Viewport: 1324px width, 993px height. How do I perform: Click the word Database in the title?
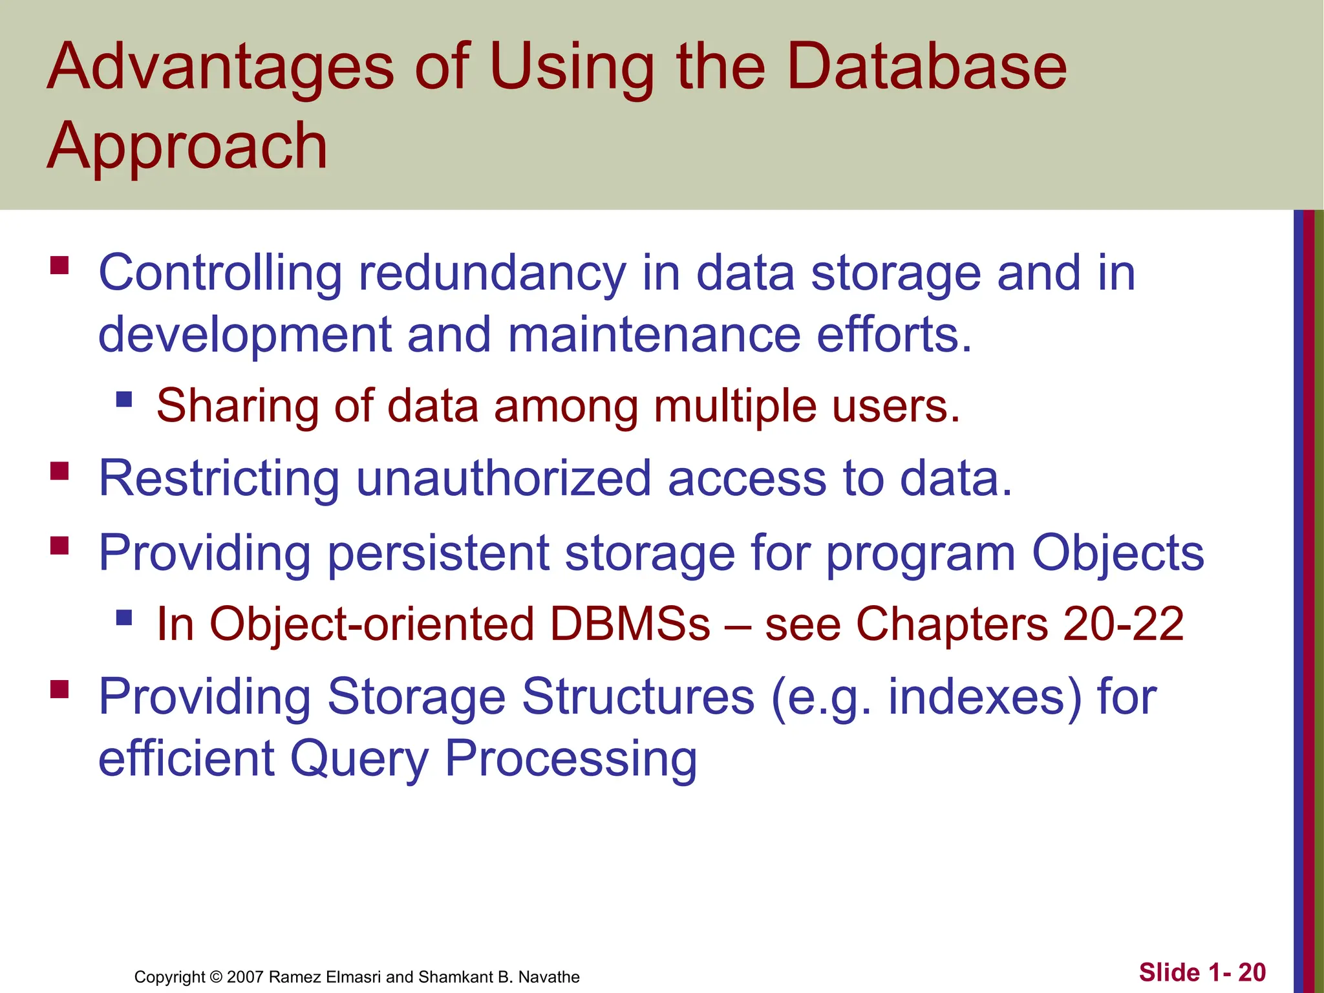926,67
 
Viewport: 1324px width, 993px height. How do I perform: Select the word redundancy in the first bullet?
492,274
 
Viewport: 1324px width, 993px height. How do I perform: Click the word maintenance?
654,335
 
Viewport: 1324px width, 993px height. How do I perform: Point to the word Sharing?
238,407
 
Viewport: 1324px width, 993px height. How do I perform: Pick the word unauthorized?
504,479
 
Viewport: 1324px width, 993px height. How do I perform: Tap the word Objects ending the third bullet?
1118,553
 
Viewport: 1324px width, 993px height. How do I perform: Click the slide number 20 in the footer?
1252,972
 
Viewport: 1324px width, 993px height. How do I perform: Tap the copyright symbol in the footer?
217,977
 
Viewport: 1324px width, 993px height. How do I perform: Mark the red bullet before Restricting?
59,471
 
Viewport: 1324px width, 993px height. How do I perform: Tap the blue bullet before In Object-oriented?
124,617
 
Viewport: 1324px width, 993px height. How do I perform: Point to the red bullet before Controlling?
59,266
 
